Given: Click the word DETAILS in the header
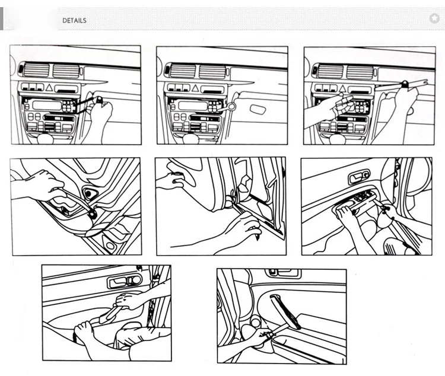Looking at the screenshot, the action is click(74, 20).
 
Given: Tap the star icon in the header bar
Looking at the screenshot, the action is click(434, 18).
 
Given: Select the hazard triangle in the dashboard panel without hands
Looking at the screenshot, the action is click(195, 88).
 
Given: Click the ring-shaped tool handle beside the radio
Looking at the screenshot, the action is click(232, 107).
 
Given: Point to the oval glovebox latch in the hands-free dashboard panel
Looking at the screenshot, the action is click(258, 109).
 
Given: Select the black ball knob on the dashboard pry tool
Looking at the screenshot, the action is click(404, 84).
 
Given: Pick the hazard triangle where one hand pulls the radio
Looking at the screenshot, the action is click(49, 88).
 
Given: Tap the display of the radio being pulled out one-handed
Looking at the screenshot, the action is click(47, 106).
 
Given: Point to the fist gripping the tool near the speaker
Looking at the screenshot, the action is click(43, 184).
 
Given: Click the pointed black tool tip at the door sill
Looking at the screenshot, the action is click(258, 237).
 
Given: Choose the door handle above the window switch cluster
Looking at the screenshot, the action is click(359, 177).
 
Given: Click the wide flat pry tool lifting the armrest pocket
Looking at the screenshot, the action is click(111, 314).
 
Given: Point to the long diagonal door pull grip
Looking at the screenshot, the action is click(284, 311).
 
